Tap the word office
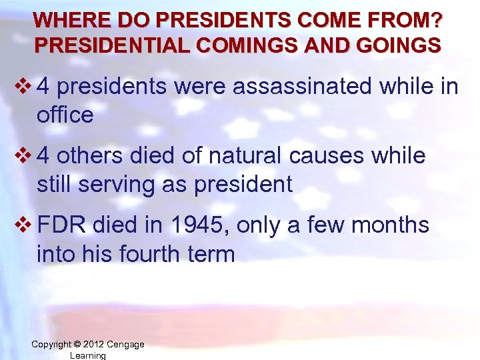pyautogui.click(x=65, y=115)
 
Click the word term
pyautogui.click(x=213, y=253)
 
